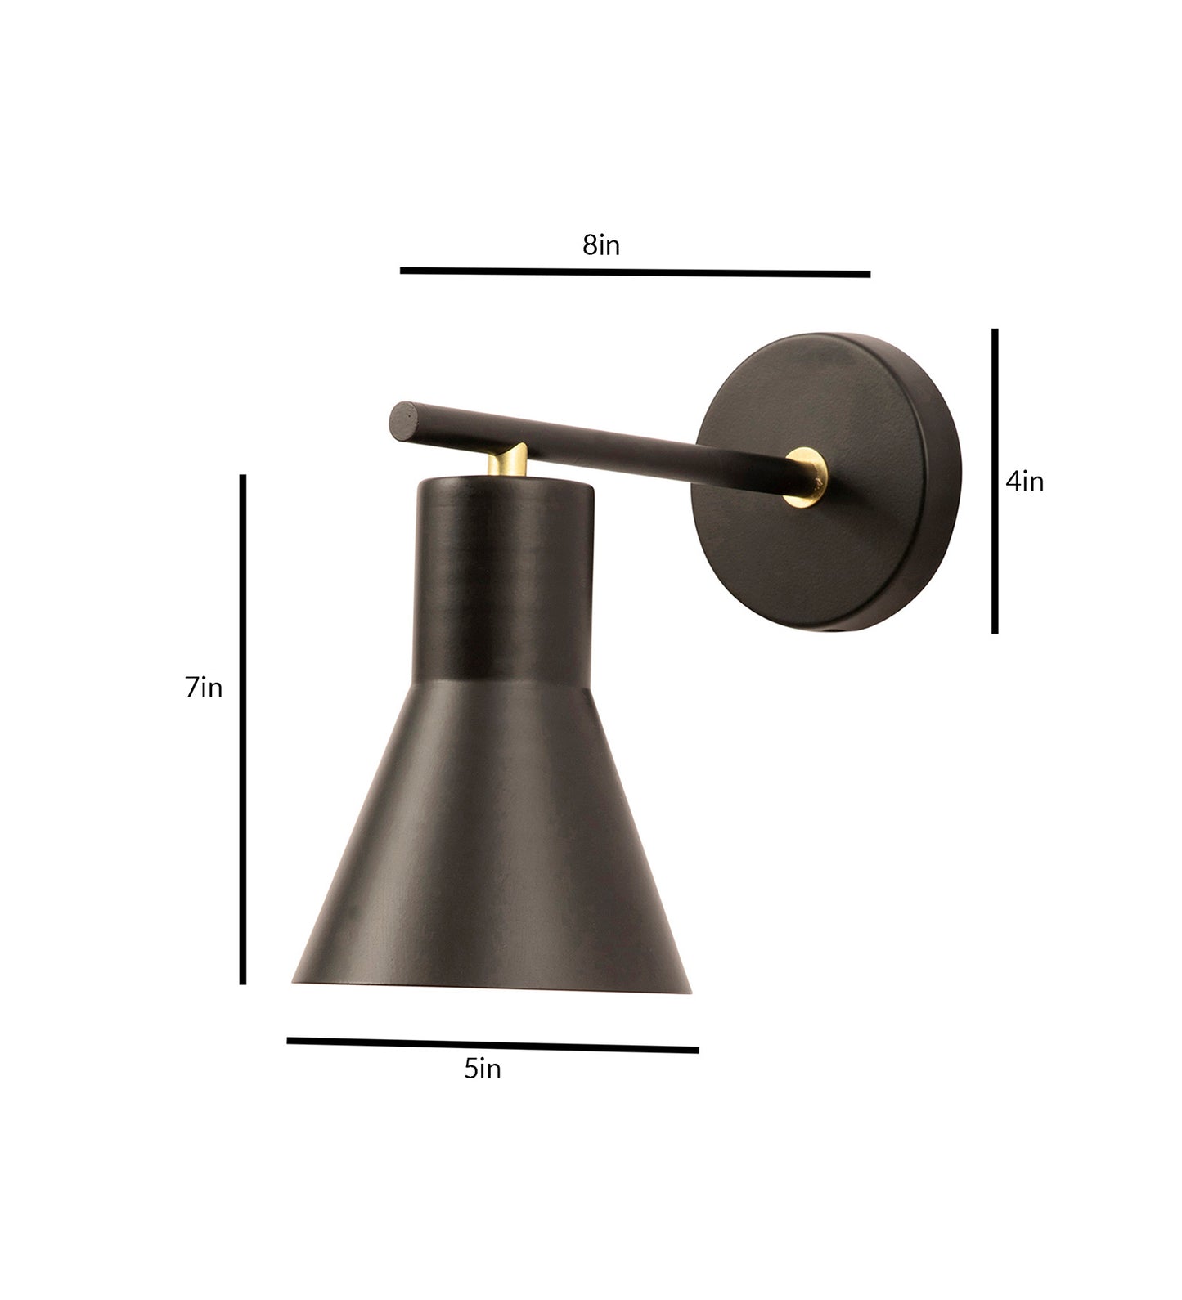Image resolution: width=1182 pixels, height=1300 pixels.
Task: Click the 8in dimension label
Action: [601, 244]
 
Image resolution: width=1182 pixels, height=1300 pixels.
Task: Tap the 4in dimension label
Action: [1024, 482]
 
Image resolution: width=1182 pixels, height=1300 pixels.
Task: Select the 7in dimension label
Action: [204, 688]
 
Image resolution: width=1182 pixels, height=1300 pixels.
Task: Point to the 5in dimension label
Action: [482, 1068]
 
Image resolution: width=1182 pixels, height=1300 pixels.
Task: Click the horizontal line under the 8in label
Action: [635, 271]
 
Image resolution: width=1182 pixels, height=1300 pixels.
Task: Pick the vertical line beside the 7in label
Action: [243, 728]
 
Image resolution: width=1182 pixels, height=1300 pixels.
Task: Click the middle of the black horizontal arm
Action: [597, 442]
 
